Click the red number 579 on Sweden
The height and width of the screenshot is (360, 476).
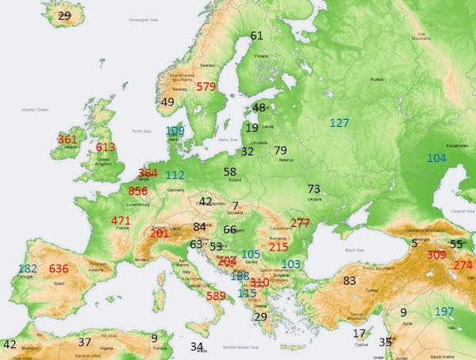pyautogui.click(x=206, y=86)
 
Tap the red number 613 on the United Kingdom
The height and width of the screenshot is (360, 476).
pyautogui.click(x=106, y=147)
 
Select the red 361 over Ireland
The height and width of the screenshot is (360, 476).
pyautogui.click(x=68, y=140)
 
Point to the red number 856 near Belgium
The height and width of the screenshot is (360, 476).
pyautogui.click(x=138, y=191)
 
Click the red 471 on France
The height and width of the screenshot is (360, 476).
pyautogui.click(x=121, y=220)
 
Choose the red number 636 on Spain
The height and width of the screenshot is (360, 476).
pyautogui.click(x=59, y=269)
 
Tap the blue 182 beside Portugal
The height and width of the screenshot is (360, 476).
pyautogui.click(x=28, y=269)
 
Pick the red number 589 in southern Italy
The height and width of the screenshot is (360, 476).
pyautogui.click(x=217, y=296)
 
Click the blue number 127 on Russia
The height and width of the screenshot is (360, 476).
pyautogui.click(x=339, y=123)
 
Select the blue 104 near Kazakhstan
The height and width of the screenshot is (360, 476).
pyautogui.click(x=436, y=158)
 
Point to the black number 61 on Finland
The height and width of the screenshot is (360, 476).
pyautogui.click(x=256, y=36)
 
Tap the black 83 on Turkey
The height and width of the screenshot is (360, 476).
pyautogui.click(x=349, y=280)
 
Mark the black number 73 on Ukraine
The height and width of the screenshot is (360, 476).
pyautogui.click(x=314, y=189)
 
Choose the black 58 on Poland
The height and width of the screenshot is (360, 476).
pyautogui.click(x=230, y=171)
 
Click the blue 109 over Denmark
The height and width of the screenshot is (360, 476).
pyautogui.click(x=175, y=131)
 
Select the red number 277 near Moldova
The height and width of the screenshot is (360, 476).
pyautogui.click(x=300, y=223)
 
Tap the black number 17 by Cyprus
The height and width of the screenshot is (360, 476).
pyautogui.click(x=359, y=333)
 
